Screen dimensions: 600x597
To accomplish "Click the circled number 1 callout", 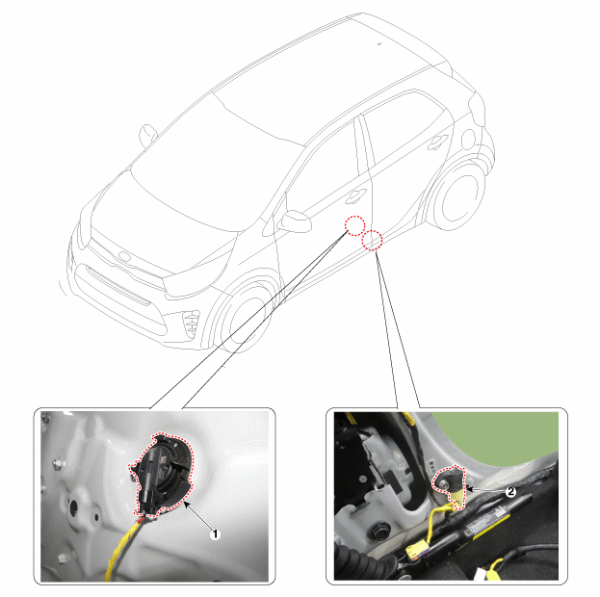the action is click(x=215, y=534).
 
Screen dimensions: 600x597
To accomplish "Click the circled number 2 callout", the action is click(x=510, y=492).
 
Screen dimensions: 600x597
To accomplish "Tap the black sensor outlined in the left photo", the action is click(x=162, y=474).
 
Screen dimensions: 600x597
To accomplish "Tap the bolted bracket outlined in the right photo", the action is click(x=451, y=485).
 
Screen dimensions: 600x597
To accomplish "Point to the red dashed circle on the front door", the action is click(x=354, y=225).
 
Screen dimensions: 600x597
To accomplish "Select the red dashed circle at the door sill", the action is click(x=373, y=241).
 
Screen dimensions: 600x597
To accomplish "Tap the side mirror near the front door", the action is click(x=296, y=221).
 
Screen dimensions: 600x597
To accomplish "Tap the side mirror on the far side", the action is click(x=147, y=136).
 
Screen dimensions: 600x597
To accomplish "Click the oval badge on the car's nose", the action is click(x=125, y=256).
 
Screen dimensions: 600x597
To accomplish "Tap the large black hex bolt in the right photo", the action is click(x=379, y=532).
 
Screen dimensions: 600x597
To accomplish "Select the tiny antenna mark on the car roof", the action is click(x=379, y=44).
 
